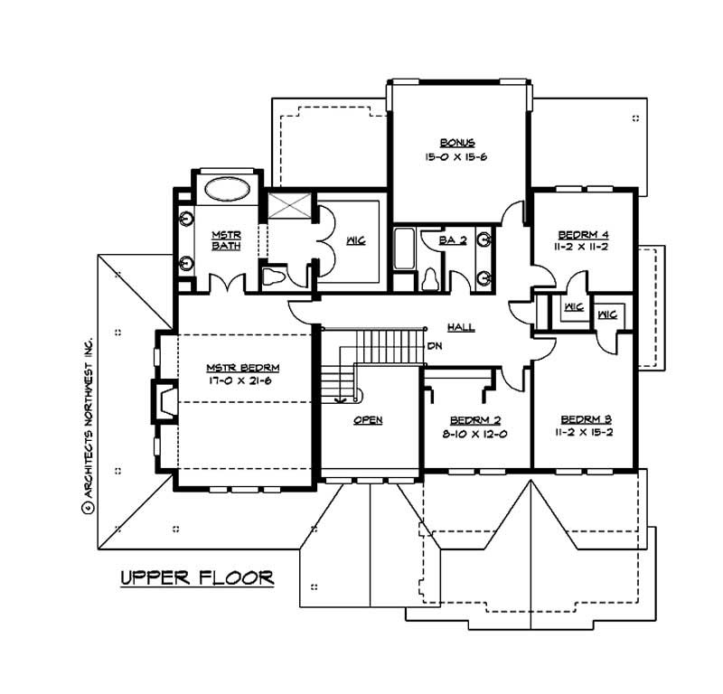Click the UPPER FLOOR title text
click(196, 578)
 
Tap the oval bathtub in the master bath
click(226, 191)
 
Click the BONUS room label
click(457, 142)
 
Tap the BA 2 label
click(451, 240)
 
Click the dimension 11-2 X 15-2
click(585, 434)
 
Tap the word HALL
click(460, 327)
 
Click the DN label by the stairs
click(435, 345)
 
